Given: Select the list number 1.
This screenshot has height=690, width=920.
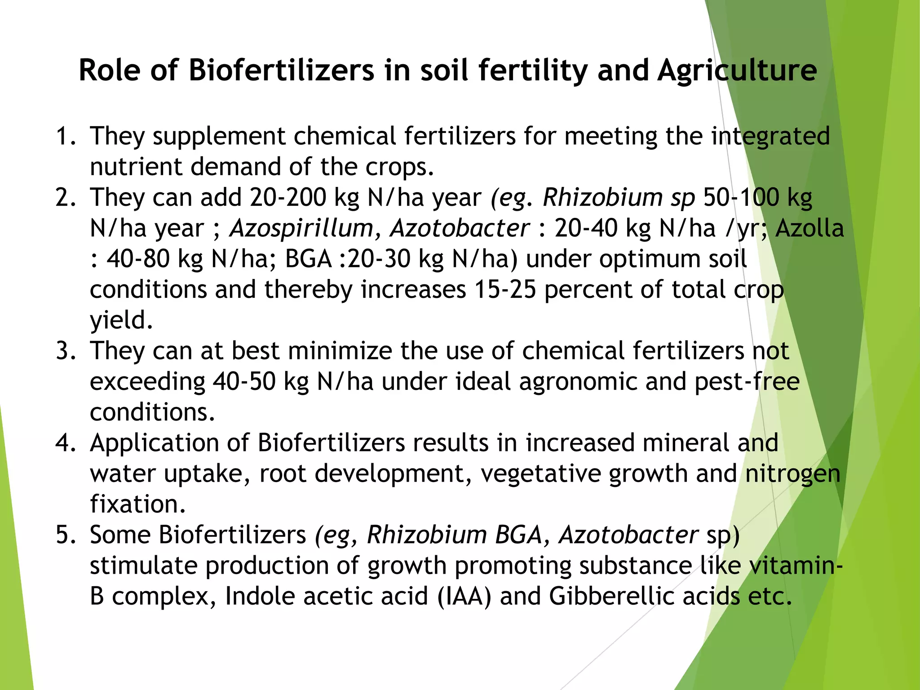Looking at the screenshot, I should (x=65, y=136).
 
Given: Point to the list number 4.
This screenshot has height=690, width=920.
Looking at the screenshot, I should (x=66, y=443).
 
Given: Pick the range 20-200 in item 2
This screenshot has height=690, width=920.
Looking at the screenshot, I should (x=288, y=198).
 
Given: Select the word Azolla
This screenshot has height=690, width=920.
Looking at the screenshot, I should (x=809, y=228).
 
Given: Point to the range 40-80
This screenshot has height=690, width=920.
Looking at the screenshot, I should (x=138, y=259).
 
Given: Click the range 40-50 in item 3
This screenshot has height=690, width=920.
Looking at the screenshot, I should (x=244, y=382).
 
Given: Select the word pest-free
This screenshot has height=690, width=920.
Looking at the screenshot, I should (x=747, y=382).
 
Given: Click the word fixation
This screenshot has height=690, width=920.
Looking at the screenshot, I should (x=137, y=504).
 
